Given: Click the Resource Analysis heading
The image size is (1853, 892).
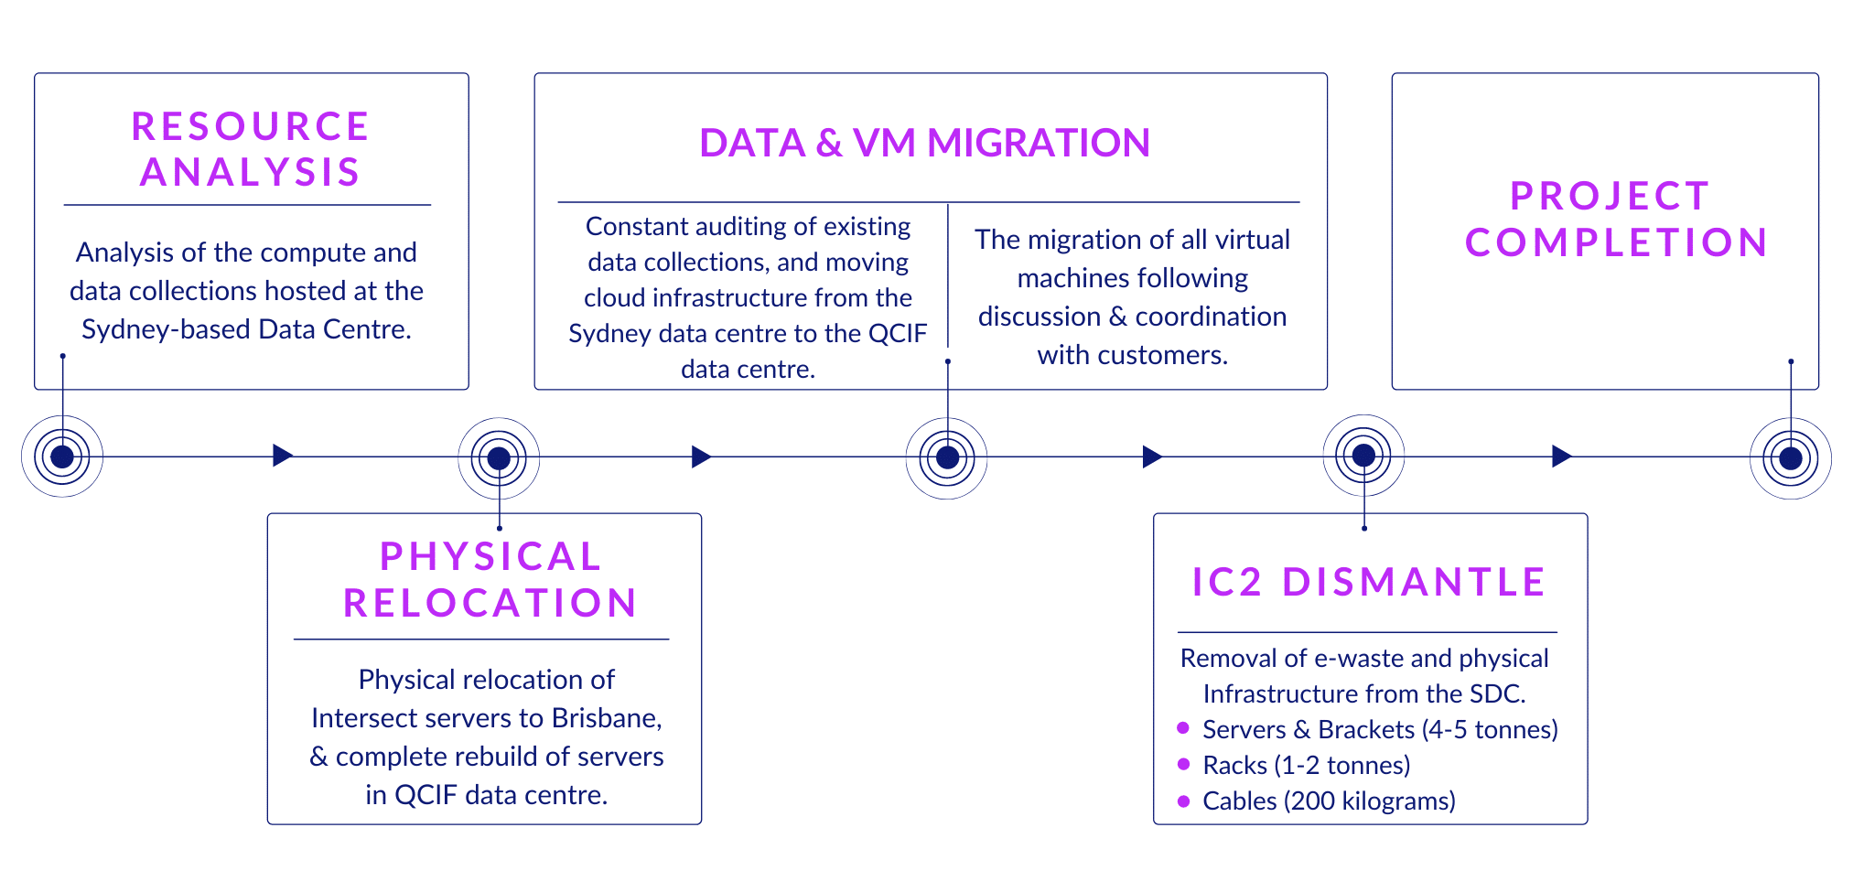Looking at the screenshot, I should click(250, 149).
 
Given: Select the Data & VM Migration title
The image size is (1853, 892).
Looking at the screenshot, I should click(924, 143).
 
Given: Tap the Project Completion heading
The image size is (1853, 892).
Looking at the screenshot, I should click(1615, 220).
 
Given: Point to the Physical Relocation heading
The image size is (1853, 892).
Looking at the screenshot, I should click(490, 580).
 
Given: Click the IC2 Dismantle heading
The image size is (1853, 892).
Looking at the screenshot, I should click(1369, 583).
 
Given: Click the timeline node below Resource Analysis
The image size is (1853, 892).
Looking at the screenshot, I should click(62, 457).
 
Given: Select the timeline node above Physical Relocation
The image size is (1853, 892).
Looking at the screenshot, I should click(499, 458).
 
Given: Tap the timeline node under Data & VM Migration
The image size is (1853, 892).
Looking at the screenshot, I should click(947, 457).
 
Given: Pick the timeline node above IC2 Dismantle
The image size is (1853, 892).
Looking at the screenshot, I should click(1363, 456).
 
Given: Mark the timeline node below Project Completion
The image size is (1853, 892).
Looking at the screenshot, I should click(1791, 458).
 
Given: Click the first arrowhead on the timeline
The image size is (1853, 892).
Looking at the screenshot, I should click(282, 456).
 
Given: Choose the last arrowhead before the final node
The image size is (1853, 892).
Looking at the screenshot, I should click(1561, 456).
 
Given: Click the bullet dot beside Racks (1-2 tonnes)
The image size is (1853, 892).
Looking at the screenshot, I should click(1183, 764).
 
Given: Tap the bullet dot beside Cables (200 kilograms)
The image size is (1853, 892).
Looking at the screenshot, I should click(1183, 801).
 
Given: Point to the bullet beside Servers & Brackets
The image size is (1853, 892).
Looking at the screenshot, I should click(1183, 728).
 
